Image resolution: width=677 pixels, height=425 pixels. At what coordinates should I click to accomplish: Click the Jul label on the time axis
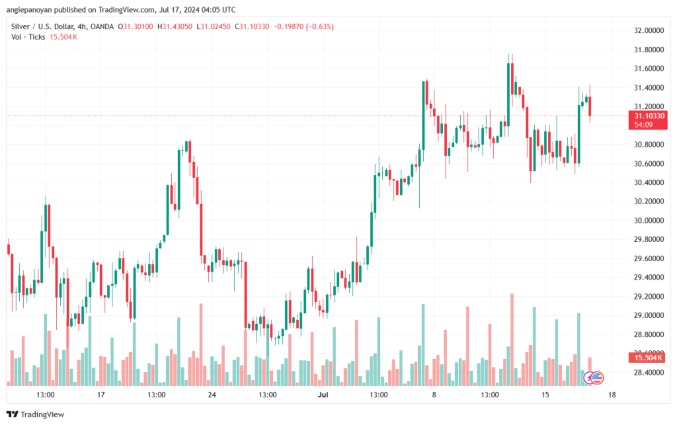click(x=323, y=395)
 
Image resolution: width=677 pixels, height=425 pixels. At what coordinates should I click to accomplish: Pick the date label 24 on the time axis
click(x=212, y=395)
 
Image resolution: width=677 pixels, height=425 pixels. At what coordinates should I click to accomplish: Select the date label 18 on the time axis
click(x=612, y=395)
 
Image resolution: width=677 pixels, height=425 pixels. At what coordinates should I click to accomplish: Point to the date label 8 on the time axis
click(x=434, y=395)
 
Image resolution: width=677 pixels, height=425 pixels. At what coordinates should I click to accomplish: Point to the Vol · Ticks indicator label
click(x=27, y=36)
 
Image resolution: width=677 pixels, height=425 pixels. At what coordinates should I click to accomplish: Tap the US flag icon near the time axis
click(x=597, y=377)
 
